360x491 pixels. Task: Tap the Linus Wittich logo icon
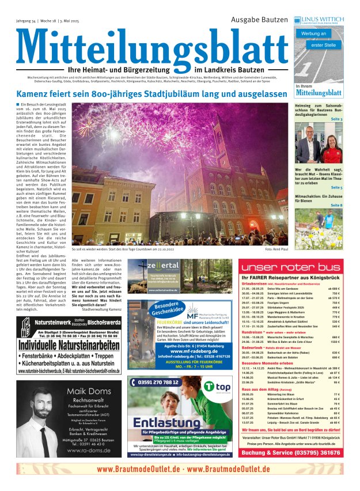(297, 20)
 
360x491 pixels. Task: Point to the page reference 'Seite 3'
(336, 119)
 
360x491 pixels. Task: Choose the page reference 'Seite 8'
(336, 205)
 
